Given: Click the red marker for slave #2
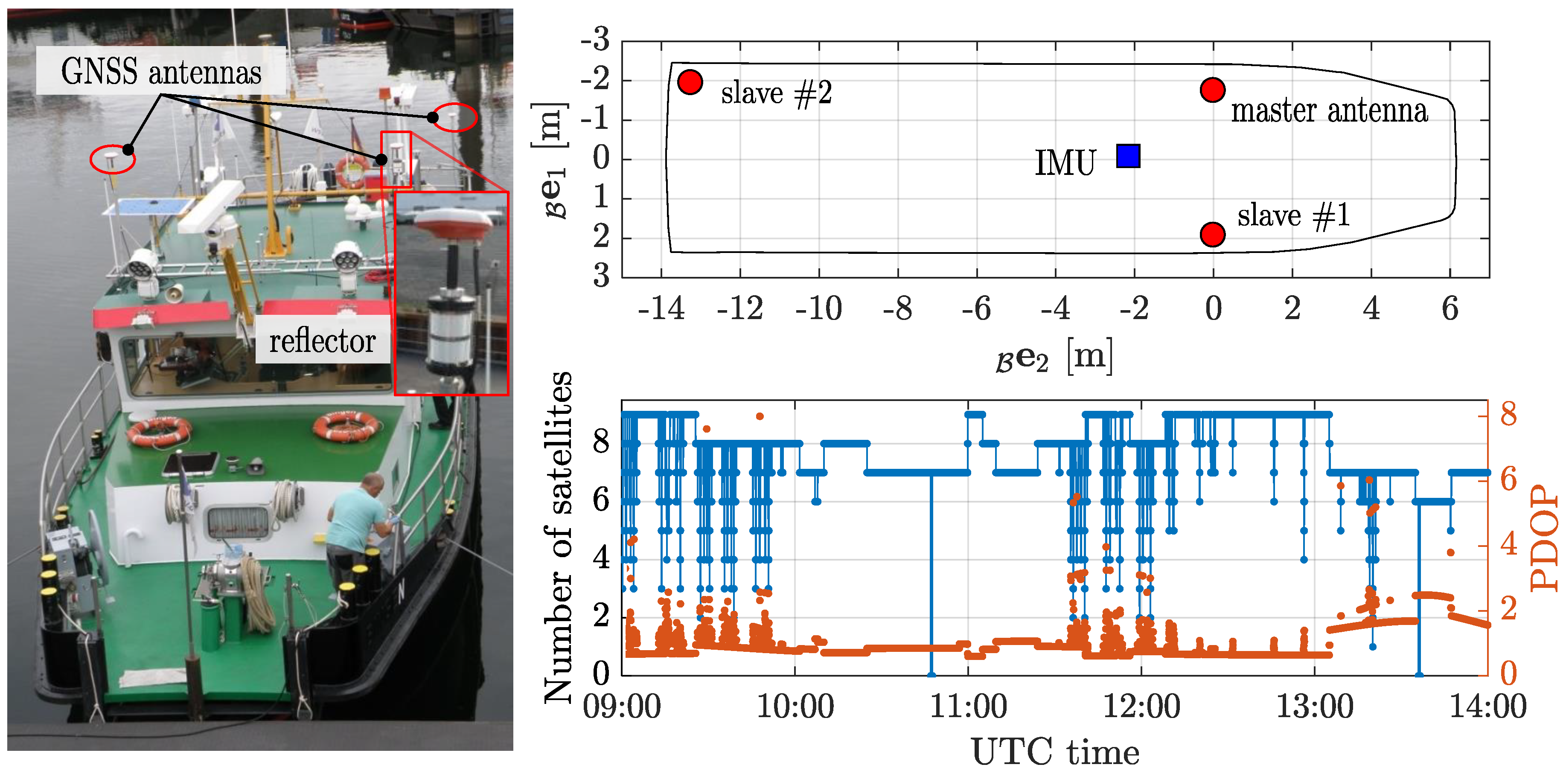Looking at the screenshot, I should pos(690,81).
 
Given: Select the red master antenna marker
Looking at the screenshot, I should pos(1212,90).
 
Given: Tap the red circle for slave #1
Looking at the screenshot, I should pos(1212,234).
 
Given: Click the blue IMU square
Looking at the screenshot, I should pos(1128,156).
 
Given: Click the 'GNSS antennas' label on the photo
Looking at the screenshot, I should pos(161,72).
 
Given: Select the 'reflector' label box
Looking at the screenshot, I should pos(322,340).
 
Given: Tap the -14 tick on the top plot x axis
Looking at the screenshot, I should pos(661,309).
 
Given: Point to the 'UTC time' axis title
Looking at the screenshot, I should pos(1055,752).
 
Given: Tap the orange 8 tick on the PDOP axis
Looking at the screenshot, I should pos(1508,414).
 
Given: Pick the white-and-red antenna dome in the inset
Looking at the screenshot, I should pos(453,224).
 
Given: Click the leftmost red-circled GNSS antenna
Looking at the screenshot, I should pos(112,159).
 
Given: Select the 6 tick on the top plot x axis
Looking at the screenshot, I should pos(1450,309).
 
